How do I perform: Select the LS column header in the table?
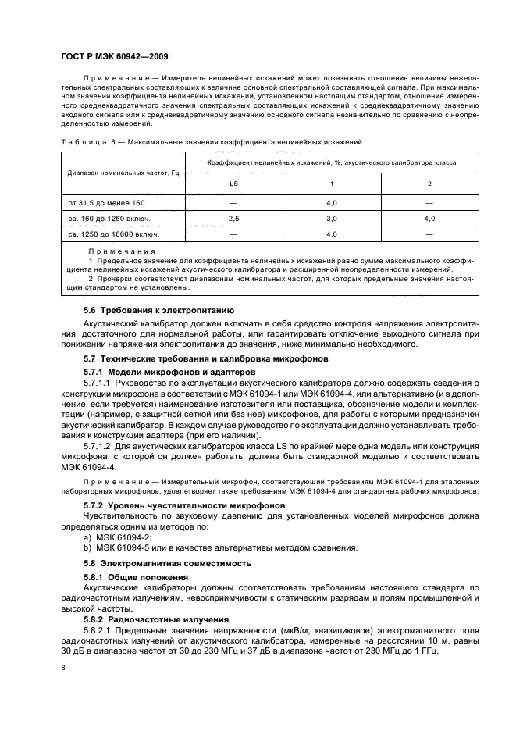(233, 184)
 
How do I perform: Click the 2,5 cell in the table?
(233, 218)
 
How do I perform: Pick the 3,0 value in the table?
(331, 218)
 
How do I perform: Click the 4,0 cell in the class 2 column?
(429, 218)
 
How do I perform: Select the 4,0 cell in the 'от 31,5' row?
(331, 203)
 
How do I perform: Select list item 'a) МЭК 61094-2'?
(117, 537)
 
